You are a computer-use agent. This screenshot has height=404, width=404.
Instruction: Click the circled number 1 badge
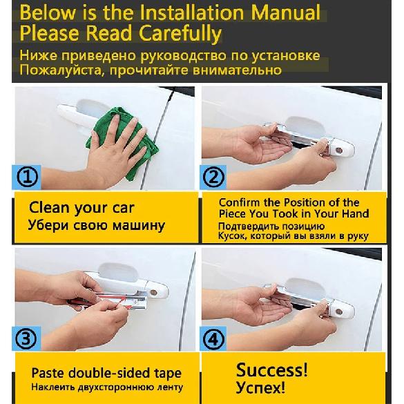tap(27, 177)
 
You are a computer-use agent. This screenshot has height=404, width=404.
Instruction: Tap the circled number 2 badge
tap(213, 177)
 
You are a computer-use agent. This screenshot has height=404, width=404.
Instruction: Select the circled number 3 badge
tap(26, 338)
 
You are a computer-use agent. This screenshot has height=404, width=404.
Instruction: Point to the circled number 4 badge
tap(213, 339)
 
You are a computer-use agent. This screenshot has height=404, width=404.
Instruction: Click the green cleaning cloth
tap(121, 139)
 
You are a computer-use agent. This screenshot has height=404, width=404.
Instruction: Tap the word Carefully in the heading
tap(180, 34)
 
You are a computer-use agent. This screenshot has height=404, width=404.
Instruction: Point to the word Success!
tap(271, 369)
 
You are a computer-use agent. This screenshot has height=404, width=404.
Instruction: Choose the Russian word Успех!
tap(260, 387)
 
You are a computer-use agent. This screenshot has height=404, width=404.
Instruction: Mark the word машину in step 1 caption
tap(139, 225)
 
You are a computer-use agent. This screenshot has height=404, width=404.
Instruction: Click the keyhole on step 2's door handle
tap(339, 151)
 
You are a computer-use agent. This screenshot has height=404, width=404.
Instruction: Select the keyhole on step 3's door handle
tap(153, 292)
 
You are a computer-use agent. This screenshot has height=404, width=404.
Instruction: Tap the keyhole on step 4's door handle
tap(339, 312)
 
